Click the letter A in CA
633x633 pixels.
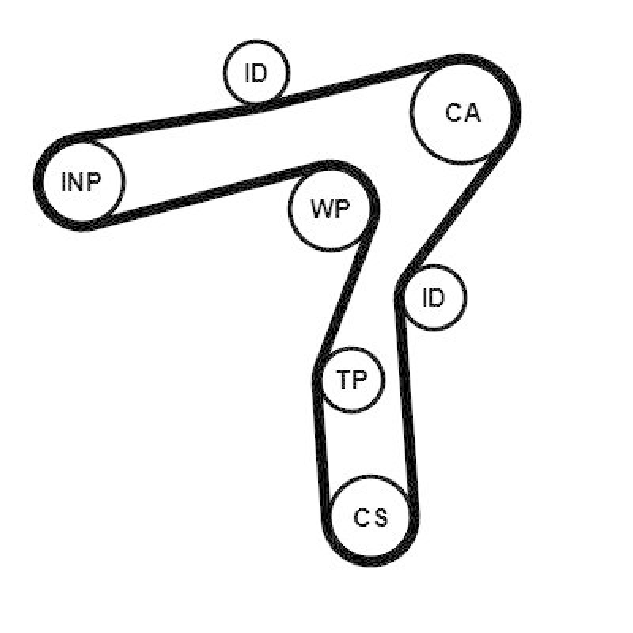[472, 113]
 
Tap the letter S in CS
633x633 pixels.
[380, 518]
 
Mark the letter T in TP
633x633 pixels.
[343, 380]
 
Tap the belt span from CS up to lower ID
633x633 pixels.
[407, 407]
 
